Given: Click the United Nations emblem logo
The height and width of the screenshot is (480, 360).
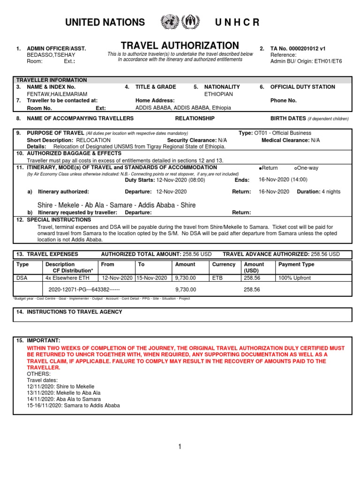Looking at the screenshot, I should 169,22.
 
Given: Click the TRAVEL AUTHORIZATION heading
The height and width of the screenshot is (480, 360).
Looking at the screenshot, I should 180,45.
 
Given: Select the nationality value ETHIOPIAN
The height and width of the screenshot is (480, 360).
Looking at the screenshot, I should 218,94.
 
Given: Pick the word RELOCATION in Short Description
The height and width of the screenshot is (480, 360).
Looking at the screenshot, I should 93,140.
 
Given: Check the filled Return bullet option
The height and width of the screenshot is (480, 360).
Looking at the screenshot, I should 260,168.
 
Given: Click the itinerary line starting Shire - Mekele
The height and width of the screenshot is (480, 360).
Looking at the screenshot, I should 116,205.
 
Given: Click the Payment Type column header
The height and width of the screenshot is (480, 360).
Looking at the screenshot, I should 296,264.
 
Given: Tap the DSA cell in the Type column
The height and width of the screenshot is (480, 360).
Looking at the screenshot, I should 22,278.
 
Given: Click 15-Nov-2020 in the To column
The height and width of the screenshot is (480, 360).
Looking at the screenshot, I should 152,278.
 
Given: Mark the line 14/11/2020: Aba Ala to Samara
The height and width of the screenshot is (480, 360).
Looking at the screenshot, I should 63,399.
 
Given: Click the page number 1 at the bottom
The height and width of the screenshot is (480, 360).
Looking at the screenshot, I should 180,447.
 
